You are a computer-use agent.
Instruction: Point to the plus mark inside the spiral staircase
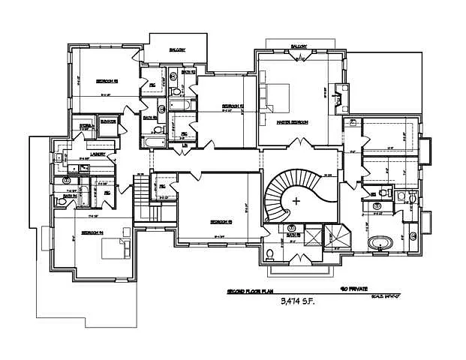pos(297,200)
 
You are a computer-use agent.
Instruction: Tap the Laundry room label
pos(98,154)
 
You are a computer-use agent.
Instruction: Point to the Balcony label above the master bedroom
pos(299,46)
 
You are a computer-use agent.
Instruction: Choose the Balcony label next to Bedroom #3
pos(177,50)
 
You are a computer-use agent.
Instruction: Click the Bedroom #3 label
pos(105,80)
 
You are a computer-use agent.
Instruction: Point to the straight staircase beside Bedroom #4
pos(143,197)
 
